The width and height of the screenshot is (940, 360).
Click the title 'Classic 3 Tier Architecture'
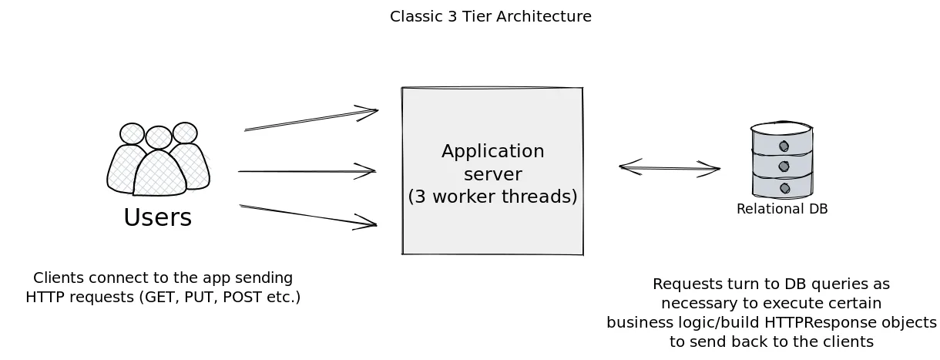pos(490,16)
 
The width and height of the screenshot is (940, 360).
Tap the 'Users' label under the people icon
pos(157,218)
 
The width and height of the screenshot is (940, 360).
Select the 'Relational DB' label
pos(781,209)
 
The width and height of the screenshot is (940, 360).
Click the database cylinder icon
pos(782,160)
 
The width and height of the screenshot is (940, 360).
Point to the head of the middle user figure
pos(159,137)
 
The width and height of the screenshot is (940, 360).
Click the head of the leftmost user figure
pos(132,133)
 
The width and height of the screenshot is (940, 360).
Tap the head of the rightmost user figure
pos(185,133)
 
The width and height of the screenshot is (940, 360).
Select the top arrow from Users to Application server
pos(311,120)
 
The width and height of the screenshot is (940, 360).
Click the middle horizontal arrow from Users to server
pos(307,171)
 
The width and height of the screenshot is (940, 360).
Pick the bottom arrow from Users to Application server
pos(308,216)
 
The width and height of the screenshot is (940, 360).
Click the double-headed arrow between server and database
pos(669,167)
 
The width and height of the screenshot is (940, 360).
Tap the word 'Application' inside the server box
pos(492,151)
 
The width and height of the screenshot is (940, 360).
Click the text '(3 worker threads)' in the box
pos(492,197)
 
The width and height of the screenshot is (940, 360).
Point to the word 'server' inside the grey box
pos(492,174)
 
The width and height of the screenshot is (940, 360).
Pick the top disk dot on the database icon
pos(784,146)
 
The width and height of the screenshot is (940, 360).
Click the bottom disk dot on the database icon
pos(784,188)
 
